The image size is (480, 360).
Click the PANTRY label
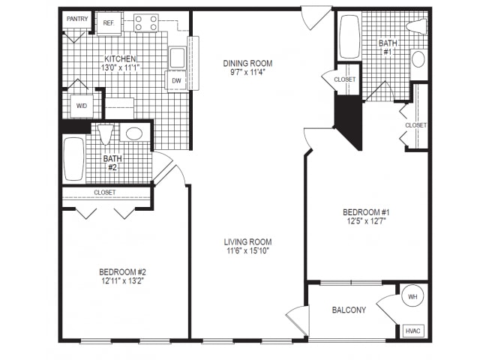[77, 19]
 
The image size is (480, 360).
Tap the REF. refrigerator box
[109, 23]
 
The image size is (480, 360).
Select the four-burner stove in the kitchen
[146, 23]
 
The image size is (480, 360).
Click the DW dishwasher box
[176, 81]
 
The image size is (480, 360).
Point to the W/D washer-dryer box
[82, 106]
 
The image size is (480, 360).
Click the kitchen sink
[177, 58]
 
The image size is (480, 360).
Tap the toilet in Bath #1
[417, 27]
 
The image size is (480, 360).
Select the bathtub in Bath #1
[349, 37]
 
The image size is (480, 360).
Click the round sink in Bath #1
[418, 59]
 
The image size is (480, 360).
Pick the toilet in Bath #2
[106, 134]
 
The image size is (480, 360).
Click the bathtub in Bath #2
[73, 159]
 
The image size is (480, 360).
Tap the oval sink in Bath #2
[134, 133]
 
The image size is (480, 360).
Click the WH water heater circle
[412, 296]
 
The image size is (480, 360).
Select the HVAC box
[413, 331]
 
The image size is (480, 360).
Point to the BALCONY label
[349, 310]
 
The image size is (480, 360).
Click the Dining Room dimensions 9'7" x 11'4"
[247, 72]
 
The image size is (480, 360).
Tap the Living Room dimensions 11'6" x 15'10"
[247, 250]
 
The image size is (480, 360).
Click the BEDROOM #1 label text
[366, 212]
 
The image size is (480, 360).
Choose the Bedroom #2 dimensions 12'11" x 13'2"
[123, 280]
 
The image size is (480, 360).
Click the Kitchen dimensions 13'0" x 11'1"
[120, 67]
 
